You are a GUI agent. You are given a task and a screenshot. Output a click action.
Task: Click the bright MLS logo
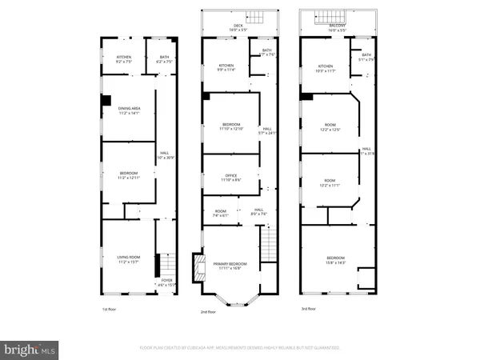coord(29,349)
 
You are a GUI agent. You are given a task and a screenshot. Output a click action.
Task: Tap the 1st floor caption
coord(110,310)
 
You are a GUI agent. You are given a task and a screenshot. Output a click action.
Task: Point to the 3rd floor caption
coord(307,309)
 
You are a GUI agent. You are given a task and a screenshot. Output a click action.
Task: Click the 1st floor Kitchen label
coord(124,58)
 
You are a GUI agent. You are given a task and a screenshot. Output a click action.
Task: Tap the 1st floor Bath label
coord(164,58)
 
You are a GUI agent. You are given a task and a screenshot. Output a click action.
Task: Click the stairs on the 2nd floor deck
coord(257,15)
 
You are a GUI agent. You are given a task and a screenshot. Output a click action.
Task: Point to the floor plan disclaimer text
coord(240,349)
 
